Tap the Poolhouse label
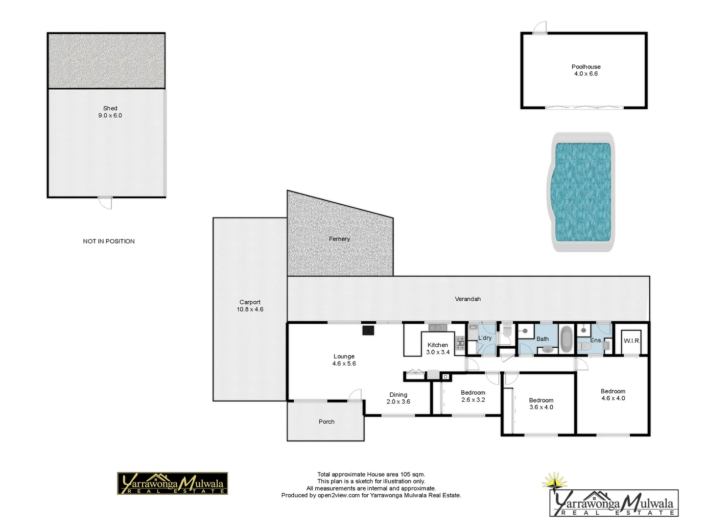(x=586, y=67)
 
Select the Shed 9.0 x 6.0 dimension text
(x=110, y=116)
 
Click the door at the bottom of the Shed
(x=105, y=201)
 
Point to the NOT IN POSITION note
(x=109, y=241)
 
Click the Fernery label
(x=339, y=239)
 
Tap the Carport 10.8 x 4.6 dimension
(x=250, y=310)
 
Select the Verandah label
(x=468, y=299)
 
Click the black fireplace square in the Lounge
(x=368, y=330)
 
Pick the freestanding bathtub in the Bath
(x=566, y=338)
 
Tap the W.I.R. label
(x=631, y=340)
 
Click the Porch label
(x=327, y=422)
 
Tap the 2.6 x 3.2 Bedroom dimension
(x=473, y=400)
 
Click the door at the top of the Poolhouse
(x=539, y=28)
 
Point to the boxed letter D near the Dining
(x=445, y=376)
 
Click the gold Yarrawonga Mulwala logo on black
(x=172, y=483)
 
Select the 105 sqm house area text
(x=371, y=474)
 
